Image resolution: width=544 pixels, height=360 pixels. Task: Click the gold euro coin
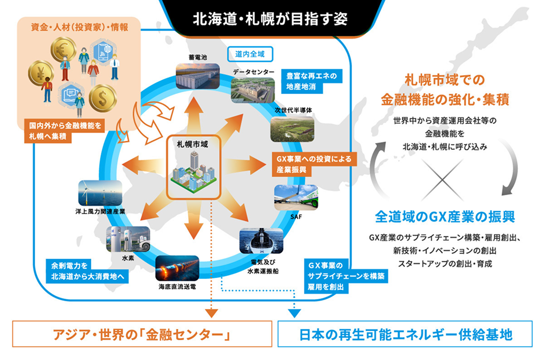pos(63,50)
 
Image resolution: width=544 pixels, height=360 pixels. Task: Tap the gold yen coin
pos(41,73)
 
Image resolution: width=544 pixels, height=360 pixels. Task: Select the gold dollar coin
pos(103,98)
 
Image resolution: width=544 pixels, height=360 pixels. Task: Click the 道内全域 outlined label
pos(250,54)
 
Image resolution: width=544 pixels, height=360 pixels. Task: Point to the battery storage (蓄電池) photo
pos(198,76)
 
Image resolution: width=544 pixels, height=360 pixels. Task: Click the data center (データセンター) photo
pos(253,90)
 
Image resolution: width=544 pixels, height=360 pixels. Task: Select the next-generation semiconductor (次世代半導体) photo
pos(292,129)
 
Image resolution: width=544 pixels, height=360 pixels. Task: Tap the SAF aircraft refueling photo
pos(296,197)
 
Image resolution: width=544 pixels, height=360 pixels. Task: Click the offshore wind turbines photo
pos(100,193)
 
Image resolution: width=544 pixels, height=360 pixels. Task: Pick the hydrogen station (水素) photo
pos(128,239)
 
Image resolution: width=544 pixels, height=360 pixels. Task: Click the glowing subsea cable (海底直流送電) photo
pos(177,268)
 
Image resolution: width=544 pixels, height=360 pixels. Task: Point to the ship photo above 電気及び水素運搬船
pos(261,241)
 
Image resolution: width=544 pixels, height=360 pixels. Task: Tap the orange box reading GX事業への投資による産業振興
pos(314,164)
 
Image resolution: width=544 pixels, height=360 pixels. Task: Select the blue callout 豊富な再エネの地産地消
pos(311,81)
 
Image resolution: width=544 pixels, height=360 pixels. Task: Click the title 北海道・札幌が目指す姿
pos(270,19)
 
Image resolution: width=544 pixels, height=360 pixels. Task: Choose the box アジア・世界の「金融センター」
pos(142,334)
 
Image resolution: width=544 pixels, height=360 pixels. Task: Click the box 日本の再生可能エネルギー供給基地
pos(405,334)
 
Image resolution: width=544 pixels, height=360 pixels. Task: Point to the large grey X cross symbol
pos(442,180)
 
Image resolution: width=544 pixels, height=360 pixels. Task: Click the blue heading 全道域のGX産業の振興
pos(445,217)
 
